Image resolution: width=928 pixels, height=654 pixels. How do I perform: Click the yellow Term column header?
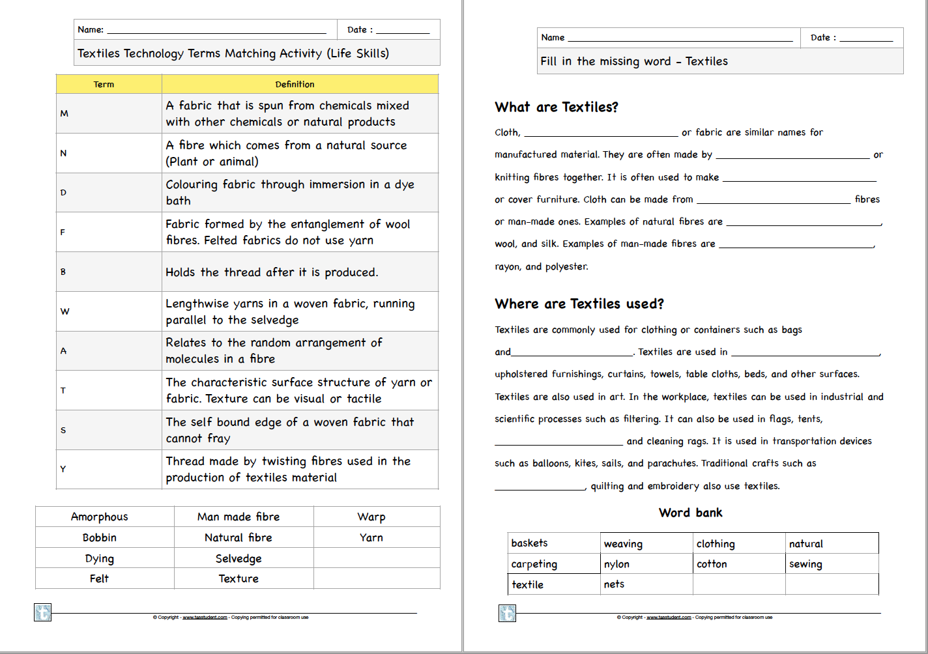104,85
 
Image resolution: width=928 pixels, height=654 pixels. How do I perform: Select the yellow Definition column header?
295,85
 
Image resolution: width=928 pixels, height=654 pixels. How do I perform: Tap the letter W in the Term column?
65,311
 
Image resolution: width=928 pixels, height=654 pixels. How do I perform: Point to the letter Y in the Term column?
63,469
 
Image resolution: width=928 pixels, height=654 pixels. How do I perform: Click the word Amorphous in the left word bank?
99,517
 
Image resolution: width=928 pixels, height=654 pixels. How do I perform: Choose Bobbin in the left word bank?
99,537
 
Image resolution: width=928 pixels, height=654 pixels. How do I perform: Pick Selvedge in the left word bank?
239,558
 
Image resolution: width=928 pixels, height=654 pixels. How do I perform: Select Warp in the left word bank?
371,517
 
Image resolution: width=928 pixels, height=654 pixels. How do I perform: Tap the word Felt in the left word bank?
99,578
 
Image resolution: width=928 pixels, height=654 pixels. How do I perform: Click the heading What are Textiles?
557,107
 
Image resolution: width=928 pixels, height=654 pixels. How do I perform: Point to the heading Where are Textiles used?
579,304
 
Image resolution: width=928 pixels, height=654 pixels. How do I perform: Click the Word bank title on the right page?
691,513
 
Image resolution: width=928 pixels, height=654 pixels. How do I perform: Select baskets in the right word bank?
529,543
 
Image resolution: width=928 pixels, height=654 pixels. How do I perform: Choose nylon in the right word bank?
616,564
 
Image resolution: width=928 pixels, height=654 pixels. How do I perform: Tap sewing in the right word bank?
805,564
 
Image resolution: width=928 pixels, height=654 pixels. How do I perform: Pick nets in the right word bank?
614,584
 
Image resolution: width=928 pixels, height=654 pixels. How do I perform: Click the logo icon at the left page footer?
42,612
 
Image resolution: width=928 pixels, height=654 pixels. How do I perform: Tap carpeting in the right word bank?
534,564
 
